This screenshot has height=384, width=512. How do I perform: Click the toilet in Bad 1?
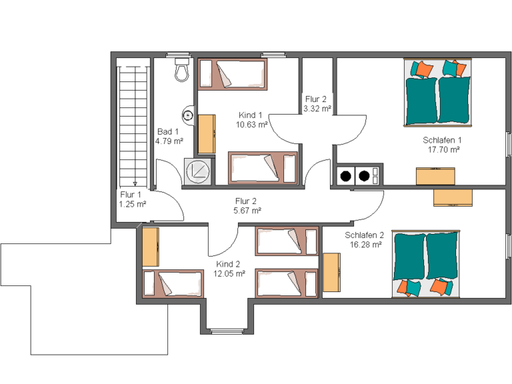tap(182, 69)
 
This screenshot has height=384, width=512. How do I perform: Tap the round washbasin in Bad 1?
tap(188, 115)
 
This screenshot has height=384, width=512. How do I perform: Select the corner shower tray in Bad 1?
tap(198, 171)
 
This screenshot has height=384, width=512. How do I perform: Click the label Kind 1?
tap(251, 115)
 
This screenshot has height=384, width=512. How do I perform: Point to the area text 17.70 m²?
tap(444, 149)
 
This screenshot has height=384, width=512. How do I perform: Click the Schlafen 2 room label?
tap(364, 235)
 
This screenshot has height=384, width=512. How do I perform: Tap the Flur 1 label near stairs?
tap(131, 195)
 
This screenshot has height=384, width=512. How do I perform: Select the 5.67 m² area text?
tap(247, 211)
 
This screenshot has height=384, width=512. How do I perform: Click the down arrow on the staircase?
tap(135, 184)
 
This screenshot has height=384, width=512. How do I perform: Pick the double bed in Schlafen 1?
tap(438, 93)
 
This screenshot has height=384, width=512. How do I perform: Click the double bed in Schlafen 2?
tap(426, 263)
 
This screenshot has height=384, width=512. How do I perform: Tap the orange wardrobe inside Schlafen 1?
tap(435, 176)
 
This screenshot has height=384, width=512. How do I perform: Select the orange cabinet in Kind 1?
tap(207, 134)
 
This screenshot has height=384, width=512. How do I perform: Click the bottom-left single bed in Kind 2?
tap(173, 284)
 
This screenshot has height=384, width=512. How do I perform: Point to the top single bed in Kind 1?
tap(233, 74)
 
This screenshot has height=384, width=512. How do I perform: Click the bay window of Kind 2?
tap(227, 332)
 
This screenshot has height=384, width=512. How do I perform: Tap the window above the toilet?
tap(178, 55)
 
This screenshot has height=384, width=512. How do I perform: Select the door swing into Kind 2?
tap(223, 241)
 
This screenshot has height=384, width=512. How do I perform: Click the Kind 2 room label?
tap(228, 264)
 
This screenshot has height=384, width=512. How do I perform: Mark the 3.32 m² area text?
tap(317, 109)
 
